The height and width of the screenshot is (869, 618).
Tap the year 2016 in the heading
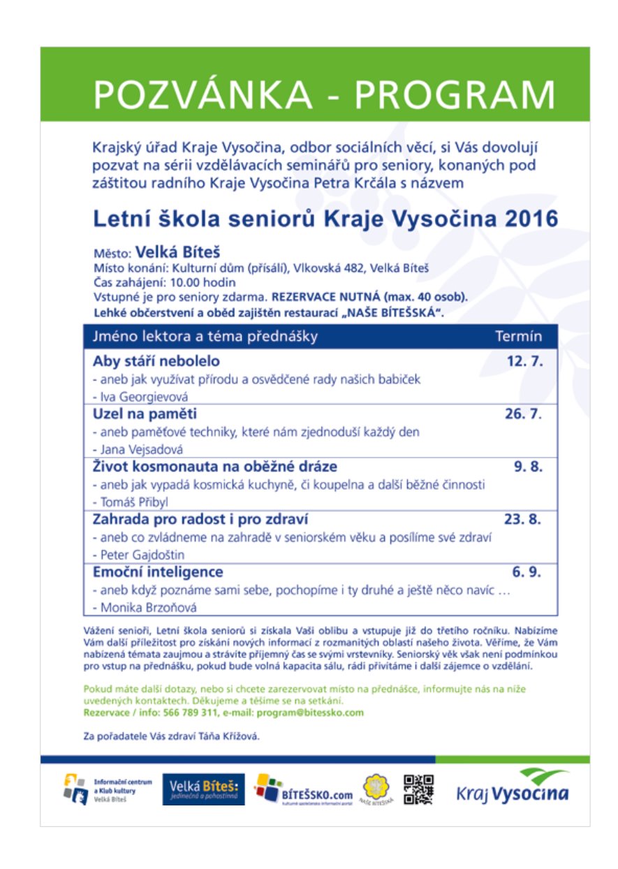pyautogui.click(x=531, y=219)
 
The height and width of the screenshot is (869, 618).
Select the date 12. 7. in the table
pyautogui.click(x=524, y=362)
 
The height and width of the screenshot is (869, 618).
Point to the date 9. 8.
pyautogui.click(x=529, y=467)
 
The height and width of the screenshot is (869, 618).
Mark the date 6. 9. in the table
pyautogui.click(x=527, y=572)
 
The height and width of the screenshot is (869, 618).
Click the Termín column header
pyautogui.click(x=518, y=337)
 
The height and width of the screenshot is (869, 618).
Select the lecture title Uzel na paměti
pyautogui.click(x=145, y=414)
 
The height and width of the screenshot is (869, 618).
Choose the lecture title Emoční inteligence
pyautogui.click(x=158, y=572)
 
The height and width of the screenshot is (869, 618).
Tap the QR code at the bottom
pyautogui.click(x=418, y=789)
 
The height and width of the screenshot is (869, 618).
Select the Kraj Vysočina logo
pyautogui.click(x=512, y=787)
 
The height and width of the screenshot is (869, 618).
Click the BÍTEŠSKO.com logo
pyautogui.click(x=303, y=790)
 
